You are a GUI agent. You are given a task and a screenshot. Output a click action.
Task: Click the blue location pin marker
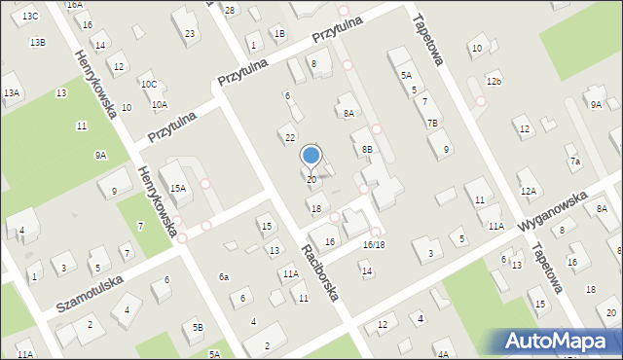311,156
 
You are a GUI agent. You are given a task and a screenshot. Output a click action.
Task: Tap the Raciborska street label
319,272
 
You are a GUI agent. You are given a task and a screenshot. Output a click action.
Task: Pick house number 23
189,34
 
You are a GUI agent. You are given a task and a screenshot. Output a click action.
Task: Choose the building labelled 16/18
374,244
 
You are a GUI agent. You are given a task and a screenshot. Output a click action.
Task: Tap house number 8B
366,149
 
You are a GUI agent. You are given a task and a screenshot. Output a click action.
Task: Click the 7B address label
432,123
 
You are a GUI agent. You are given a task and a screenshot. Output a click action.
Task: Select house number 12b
495,81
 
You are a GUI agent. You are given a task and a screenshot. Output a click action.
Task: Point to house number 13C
30,17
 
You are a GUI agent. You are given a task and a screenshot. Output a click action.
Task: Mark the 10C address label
148,85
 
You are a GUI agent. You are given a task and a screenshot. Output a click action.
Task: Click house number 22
289,137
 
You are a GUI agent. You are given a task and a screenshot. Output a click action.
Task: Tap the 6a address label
224,277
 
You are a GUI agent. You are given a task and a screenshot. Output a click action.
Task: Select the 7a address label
575,161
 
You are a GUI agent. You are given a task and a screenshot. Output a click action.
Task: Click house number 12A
528,191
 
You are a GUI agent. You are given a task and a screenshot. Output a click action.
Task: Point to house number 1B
279,34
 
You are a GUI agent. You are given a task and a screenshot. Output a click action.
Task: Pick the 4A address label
443,354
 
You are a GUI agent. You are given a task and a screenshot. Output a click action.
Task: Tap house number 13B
37,42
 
